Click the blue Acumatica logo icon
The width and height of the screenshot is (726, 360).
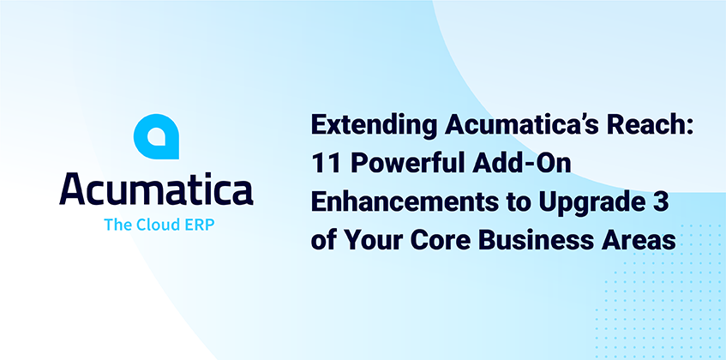[x=156, y=136]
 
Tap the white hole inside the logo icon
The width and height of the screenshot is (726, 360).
[x=157, y=137]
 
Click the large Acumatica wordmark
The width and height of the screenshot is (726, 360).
[x=156, y=189]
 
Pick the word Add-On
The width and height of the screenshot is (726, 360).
[x=517, y=165]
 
